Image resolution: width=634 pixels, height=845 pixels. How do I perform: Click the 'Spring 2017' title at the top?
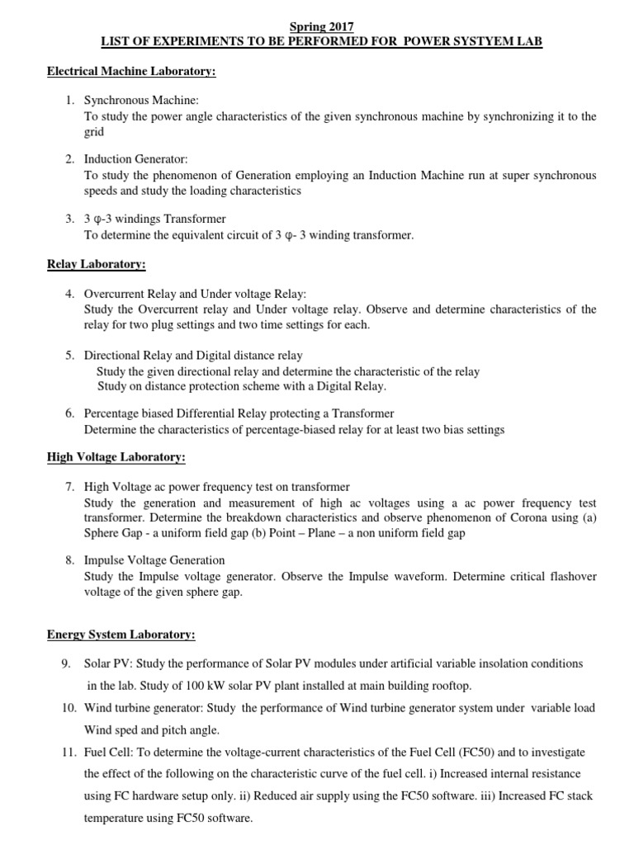click(x=317, y=27)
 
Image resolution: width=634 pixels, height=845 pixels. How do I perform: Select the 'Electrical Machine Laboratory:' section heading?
click(x=131, y=72)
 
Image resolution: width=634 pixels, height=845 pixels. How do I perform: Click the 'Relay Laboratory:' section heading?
click(x=96, y=264)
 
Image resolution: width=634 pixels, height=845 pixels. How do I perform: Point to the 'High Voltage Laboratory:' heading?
click(x=116, y=456)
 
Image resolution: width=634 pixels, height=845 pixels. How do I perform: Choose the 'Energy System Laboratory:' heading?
click(x=121, y=635)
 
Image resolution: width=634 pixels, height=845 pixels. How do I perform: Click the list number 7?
click(x=70, y=487)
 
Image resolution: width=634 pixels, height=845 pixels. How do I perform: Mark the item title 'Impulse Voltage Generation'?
click(x=154, y=560)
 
